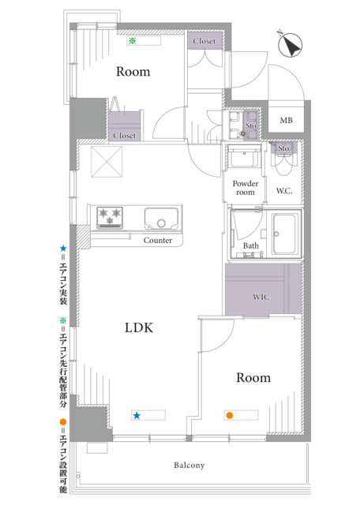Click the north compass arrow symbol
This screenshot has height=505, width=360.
pos(290,44)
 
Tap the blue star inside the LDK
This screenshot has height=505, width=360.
pos(137,415)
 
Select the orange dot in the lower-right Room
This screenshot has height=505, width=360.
pos(230,415)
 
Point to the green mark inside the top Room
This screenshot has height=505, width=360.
pos(132,41)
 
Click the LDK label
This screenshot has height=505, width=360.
pos(139,327)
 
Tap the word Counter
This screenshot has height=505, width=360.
pos(158,240)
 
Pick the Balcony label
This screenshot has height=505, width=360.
pos(189,465)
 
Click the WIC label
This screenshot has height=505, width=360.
pos(261,297)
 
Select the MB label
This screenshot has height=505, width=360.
pos(287,121)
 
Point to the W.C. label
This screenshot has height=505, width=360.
pos(284,191)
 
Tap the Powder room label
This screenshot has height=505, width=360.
pos(246,188)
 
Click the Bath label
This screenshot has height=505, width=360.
pos(251,245)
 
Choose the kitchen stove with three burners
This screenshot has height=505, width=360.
pos(110,218)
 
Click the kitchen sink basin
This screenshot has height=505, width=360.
pos(161,219)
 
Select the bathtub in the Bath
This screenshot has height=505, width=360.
pos(284,234)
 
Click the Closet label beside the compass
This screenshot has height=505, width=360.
pos(204,41)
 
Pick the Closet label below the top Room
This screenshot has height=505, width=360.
pos(125,136)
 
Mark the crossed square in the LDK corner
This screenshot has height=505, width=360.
pos(107,162)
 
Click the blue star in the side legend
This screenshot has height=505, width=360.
pos(63,249)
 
